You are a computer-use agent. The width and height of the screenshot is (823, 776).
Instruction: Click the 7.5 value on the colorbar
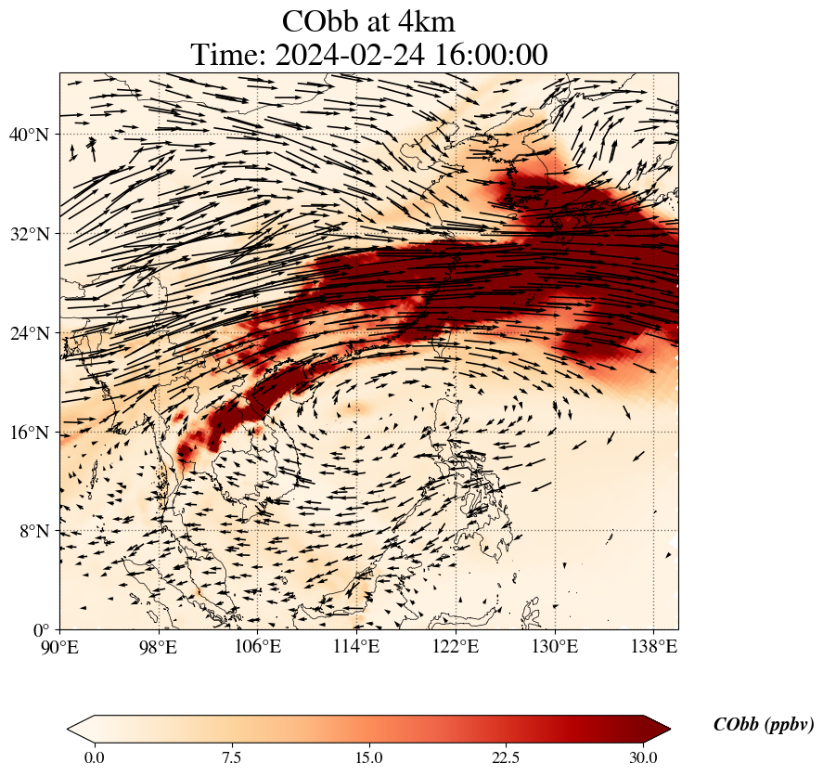point(231,757)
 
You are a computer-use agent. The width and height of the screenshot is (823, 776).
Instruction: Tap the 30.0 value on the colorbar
point(643,757)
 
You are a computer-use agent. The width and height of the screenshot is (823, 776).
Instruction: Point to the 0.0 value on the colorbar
point(94,757)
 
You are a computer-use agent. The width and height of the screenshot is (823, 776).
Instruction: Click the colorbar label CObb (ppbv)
point(763,725)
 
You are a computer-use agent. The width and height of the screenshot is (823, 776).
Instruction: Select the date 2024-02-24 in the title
point(348,55)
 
